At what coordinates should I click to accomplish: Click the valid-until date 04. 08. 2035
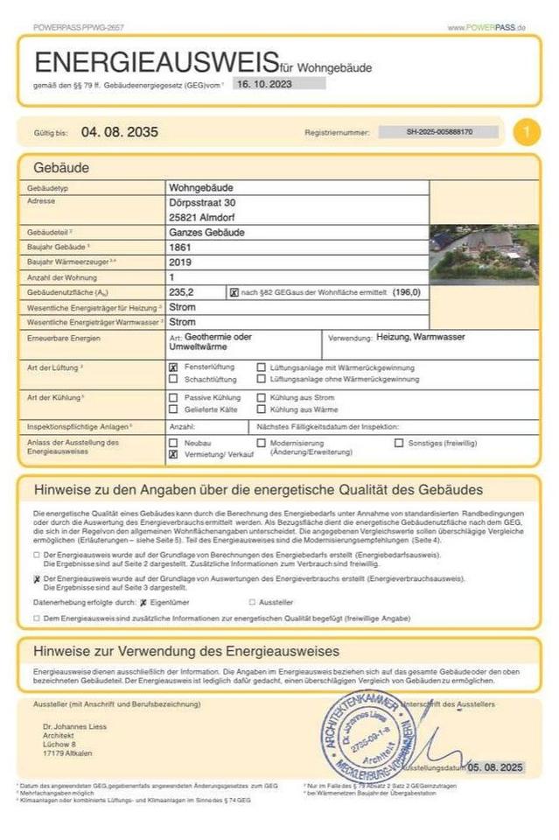[119, 132]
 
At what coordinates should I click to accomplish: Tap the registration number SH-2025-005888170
[439, 132]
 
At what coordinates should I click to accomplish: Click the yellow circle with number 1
[526, 132]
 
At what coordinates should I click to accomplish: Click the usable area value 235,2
[182, 291]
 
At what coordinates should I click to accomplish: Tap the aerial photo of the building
[483, 255]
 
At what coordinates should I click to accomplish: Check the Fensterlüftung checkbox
[173, 367]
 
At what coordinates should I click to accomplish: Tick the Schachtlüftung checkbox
[173, 380]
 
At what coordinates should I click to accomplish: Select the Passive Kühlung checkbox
[173, 398]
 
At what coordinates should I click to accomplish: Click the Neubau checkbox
[173, 443]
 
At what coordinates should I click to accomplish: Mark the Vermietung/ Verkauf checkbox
[173, 456]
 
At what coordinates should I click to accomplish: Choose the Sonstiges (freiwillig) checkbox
[399, 443]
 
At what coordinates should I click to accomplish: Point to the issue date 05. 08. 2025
[494, 766]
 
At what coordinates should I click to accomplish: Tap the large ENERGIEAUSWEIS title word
[156, 62]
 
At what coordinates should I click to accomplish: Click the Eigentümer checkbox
[143, 602]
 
